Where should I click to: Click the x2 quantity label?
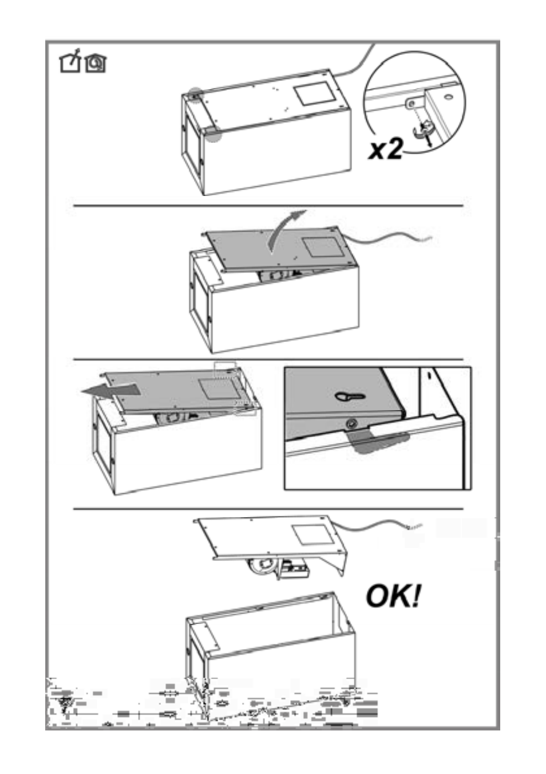click(x=386, y=149)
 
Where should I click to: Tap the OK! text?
click(x=393, y=596)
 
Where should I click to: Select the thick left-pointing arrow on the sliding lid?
click(x=110, y=391)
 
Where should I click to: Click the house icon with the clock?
click(x=96, y=63)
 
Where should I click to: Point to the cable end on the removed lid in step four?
click(x=415, y=527)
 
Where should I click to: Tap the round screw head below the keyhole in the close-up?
click(x=351, y=423)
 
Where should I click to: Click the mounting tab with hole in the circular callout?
click(x=414, y=103)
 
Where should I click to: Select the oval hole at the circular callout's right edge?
click(x=448, y=97)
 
